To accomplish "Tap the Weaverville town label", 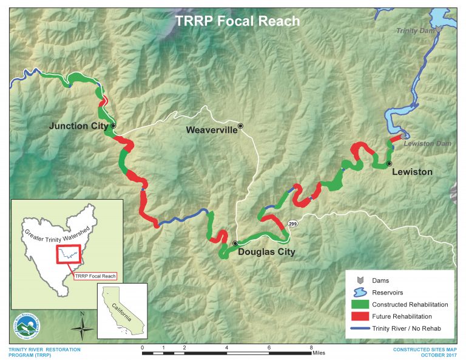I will click(211, 130).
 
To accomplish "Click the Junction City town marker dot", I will click(113, 126).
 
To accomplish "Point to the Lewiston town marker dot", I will click(390, 164).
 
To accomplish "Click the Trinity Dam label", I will click(415, 30).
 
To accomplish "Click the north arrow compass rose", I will click(82, 328).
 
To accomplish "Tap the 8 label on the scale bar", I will click(311, 347).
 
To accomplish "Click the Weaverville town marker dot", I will click(241, 126).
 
